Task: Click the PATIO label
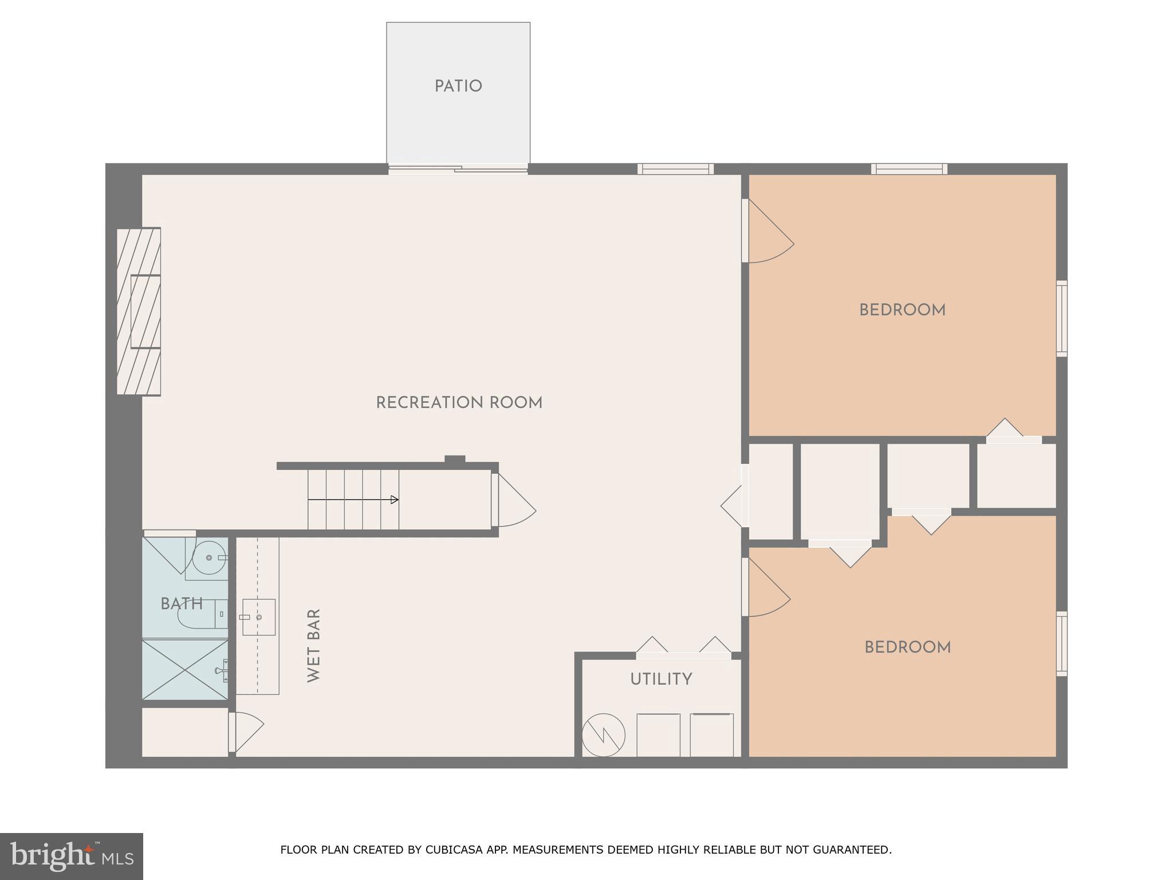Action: (458, 87)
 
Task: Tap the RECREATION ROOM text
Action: (459, 403)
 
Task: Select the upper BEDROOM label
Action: (902, 311)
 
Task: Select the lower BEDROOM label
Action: (907, 648)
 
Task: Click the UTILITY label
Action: (661, 679)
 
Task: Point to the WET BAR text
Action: (314, 645)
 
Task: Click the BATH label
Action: (182, 604)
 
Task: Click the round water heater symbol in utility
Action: (604, 736)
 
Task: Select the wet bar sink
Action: (258, 617)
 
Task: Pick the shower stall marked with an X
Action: (184, 670)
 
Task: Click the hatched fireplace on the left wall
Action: (139, 312)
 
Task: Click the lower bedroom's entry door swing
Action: (767, 592)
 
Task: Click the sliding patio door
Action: (458, 168)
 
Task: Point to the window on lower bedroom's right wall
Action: (1061, 643)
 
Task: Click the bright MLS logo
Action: (72, 856)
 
